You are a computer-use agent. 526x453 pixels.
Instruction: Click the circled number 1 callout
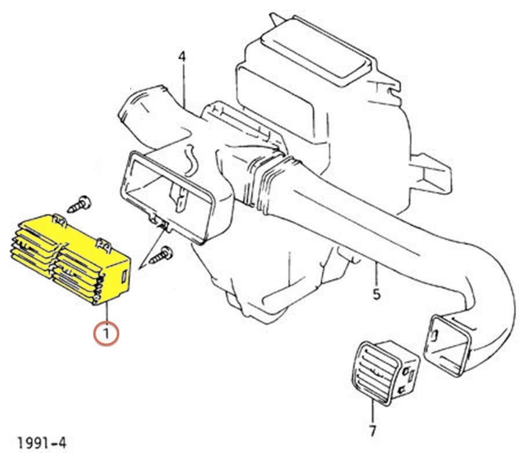click(107, 334)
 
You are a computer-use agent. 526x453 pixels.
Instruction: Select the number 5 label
click(377, 294)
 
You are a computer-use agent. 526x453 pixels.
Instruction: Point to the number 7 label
click(372, 431)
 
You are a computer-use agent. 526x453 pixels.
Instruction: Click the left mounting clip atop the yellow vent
click(59, 219)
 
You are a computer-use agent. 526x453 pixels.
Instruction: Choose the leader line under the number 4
click(184, 84)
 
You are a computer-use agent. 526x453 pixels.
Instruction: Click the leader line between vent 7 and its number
click(372, 412)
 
